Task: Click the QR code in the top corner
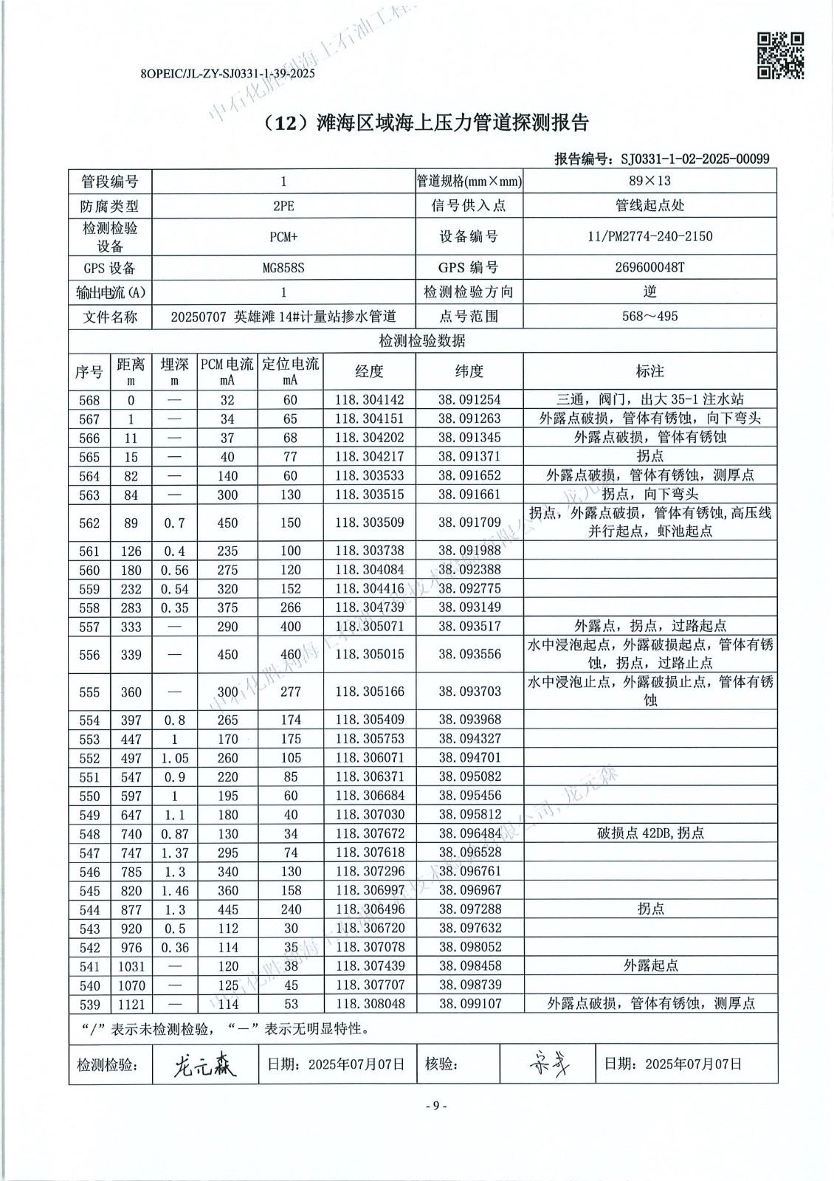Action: point(781,55)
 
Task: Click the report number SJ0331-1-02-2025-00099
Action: point(695,159)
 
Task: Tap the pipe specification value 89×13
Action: point(649,181)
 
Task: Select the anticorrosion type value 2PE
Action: point(283,206)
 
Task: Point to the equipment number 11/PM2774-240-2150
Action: point(649,236)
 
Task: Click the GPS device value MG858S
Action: point(283,267)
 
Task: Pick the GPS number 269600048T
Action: point(649,267)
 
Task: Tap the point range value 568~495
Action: point(649,317)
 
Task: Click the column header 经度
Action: point(369,371)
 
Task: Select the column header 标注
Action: point(649,371)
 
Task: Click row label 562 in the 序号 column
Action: point(89,523)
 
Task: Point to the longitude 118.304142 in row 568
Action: point(369,400)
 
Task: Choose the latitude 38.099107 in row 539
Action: point(469,1004)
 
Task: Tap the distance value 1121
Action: point(131,1004)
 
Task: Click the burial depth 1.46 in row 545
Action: point(174,890)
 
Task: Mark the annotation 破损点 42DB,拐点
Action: point(649,833)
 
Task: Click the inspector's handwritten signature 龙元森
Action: point(204,1064)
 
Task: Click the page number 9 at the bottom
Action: point(435,1106)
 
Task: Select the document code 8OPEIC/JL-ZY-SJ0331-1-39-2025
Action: point(227,74)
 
